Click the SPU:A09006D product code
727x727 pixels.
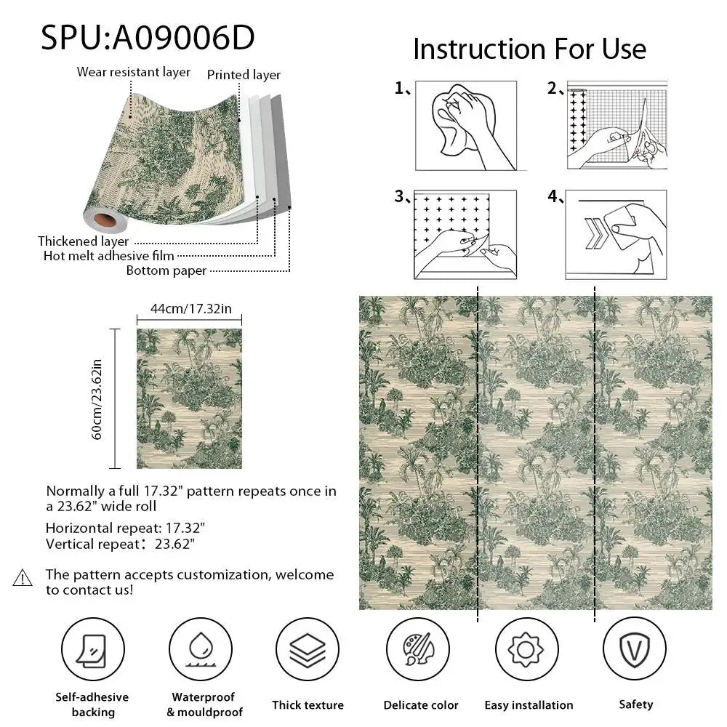coord(148,36)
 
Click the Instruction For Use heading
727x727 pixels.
coord(529,49)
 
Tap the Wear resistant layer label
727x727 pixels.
coord(134,72)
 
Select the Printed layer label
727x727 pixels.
coord(244,75)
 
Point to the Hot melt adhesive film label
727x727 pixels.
coord(109,255)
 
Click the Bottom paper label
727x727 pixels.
coord(166,270)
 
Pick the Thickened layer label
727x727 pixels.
coord(84,241)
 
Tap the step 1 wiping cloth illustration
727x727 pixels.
coord(465,125)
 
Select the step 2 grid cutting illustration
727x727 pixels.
coord(616,125)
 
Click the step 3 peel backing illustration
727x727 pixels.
coord(465,234)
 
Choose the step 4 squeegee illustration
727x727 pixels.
coord(616,234)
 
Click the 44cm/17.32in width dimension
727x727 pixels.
coord(190,309)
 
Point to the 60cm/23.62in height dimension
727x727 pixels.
coord(97,398)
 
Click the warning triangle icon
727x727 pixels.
coord(23,579)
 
